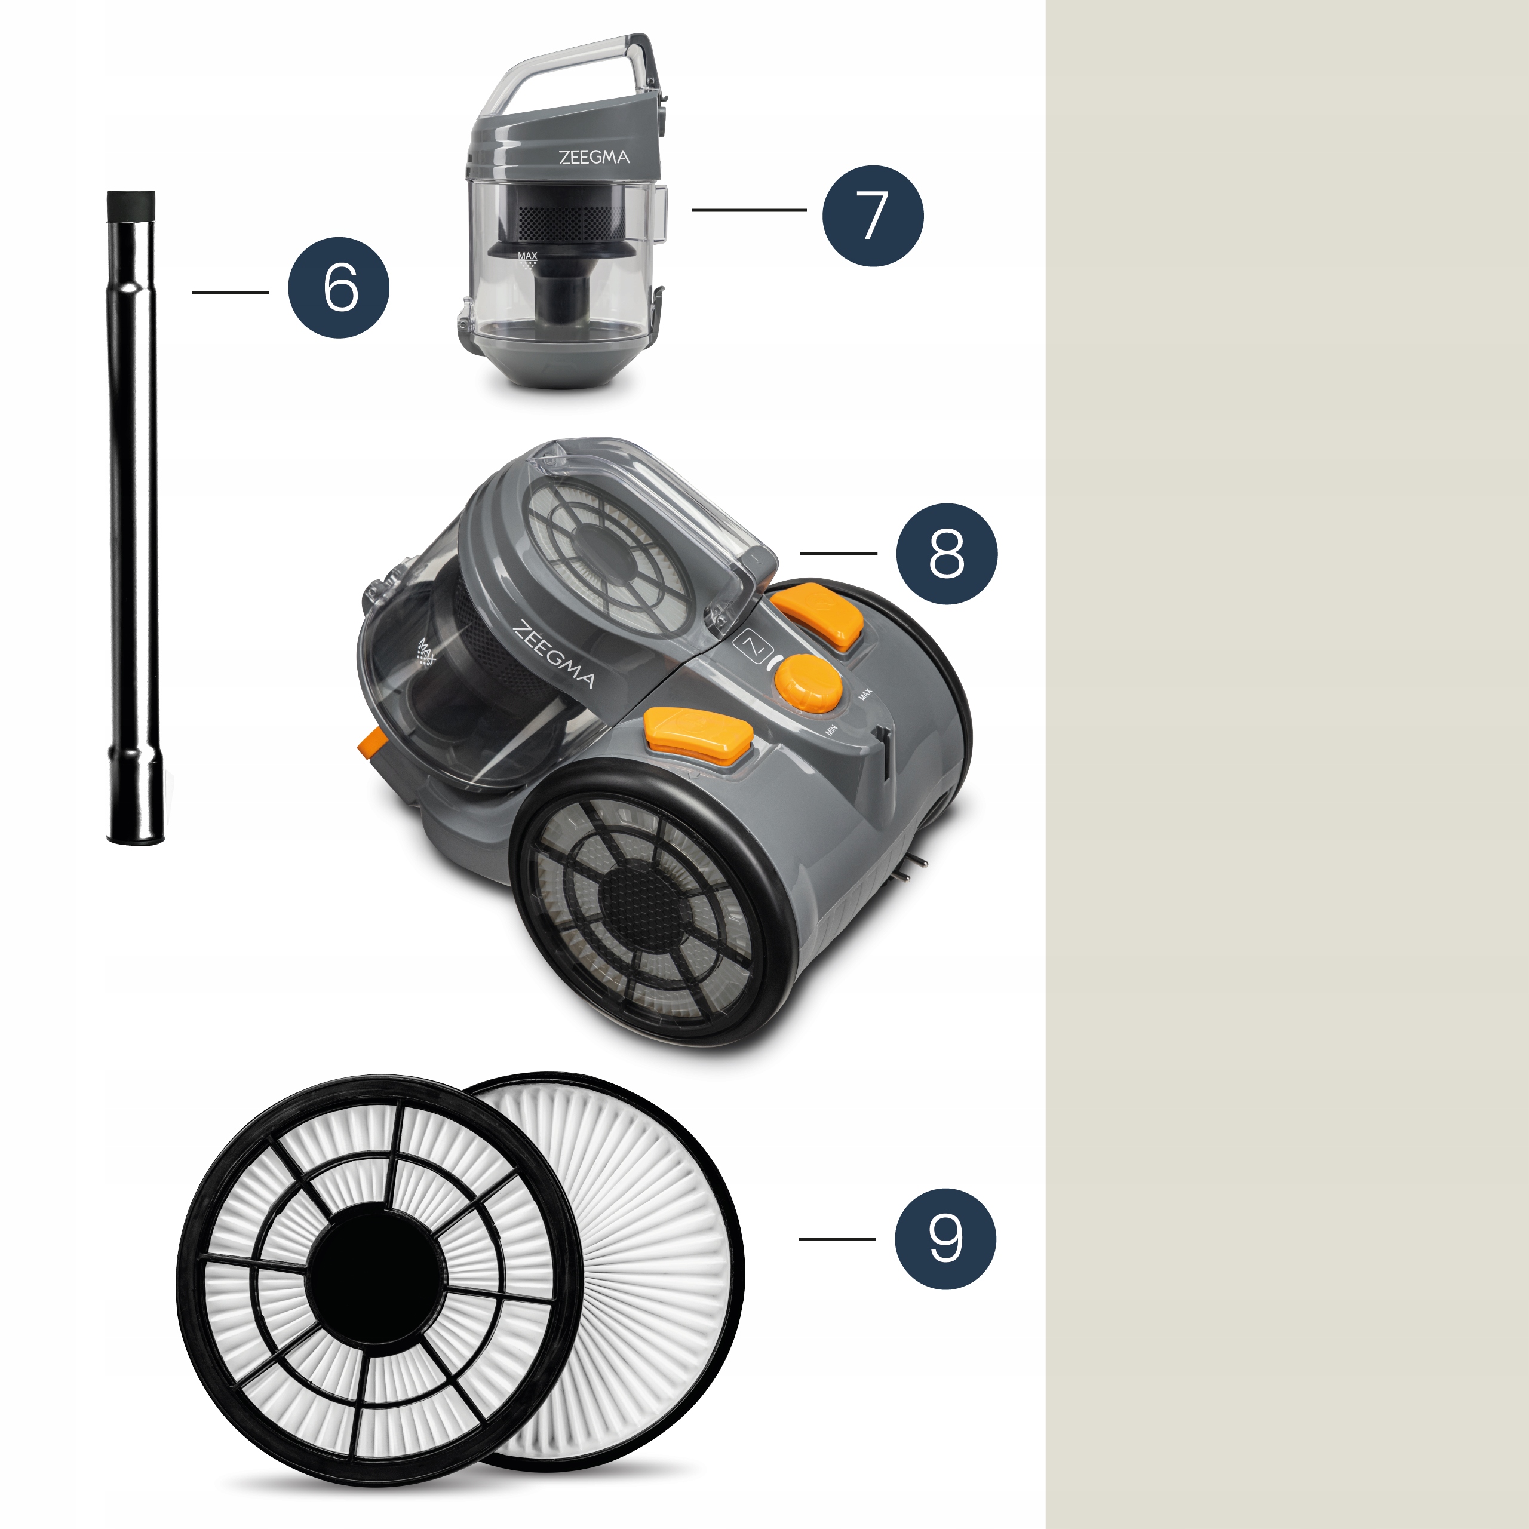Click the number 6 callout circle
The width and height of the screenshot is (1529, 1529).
(339, 287)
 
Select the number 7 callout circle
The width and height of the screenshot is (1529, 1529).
(873, 215)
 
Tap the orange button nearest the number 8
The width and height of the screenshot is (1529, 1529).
(818, 615)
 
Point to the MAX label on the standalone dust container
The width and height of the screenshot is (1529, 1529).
(527, 256)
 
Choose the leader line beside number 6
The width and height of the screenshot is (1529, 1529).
(231, 292)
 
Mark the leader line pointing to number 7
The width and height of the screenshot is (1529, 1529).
(750, 210)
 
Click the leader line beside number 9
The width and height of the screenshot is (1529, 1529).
(837, 1239)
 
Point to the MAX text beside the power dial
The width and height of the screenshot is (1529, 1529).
(864, 693)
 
